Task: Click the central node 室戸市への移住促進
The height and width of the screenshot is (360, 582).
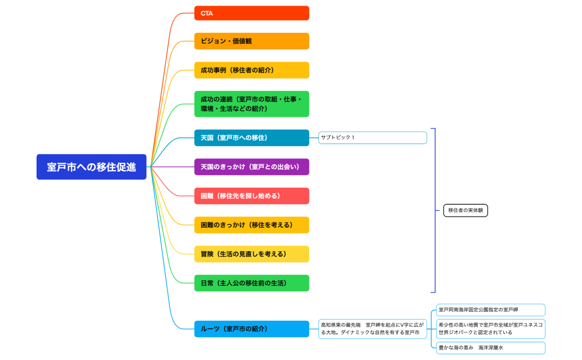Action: (91, 167)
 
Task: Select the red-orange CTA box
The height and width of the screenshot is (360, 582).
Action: (251, 13)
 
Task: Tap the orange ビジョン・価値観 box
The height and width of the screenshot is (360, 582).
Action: (251, 41)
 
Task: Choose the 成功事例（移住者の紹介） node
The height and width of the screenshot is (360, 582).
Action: (251, 70)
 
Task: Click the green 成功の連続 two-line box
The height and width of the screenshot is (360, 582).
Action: (251, 104)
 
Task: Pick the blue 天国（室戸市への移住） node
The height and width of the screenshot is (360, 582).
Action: (251, 137)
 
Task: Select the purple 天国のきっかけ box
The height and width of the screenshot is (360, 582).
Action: (251, 167)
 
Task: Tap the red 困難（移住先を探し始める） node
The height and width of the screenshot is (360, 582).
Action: (251, 196)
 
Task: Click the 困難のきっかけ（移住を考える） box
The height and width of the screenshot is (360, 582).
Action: (251, 225)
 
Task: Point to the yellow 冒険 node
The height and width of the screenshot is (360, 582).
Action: (251, 254)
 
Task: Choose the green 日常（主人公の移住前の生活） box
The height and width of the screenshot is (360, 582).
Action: (251, 283)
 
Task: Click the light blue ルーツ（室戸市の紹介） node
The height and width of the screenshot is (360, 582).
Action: (251, 328)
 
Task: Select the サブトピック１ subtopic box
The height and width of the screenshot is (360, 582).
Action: (372, 137)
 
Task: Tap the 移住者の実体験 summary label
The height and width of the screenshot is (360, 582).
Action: (466, 210)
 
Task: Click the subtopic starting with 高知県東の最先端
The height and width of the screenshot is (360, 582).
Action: (372, 328)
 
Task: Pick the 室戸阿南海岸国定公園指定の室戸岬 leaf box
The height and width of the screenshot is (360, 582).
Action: (490, 310)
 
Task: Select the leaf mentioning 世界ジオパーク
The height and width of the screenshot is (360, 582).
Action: (490, 328)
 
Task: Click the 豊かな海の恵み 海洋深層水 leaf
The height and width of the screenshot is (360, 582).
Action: (490, 348)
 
